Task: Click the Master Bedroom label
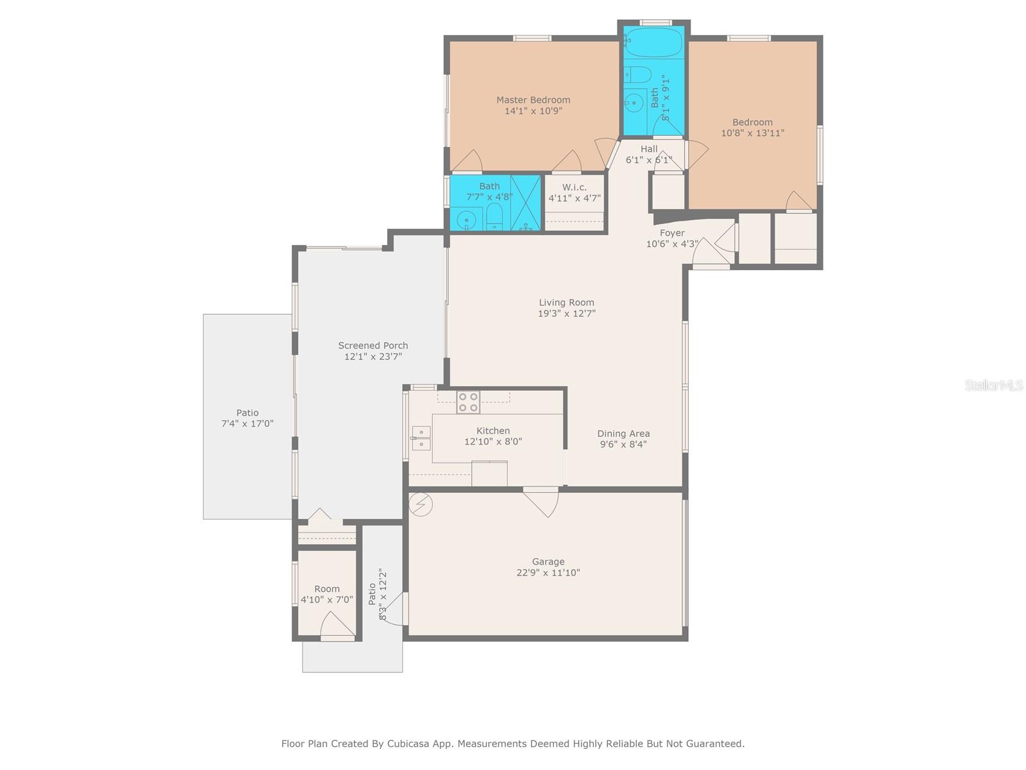tap(533, 99)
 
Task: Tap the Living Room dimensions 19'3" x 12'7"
tap(566, 313)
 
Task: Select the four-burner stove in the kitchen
tap(468, 402)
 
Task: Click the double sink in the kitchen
tap(421, 438)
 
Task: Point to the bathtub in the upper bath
tap(654, 42)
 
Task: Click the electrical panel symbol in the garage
tap(420, 504)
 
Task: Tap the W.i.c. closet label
tap(574, 187)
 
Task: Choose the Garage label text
tap(548, 561)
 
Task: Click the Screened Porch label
tap(373, 345)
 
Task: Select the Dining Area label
tap(623, 433)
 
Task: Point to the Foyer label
tap(671, 233)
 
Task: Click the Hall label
tap(649, 149)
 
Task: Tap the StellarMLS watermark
tap(994, 385)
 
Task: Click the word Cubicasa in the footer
tap(408, 743)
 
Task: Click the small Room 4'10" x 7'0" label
tap(327, 594)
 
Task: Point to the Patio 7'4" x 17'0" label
tap(248, 418)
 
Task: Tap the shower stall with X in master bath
tap(526, 202)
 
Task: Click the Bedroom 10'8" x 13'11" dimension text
tap(752, 133)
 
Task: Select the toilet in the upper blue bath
tap(639, 74)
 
